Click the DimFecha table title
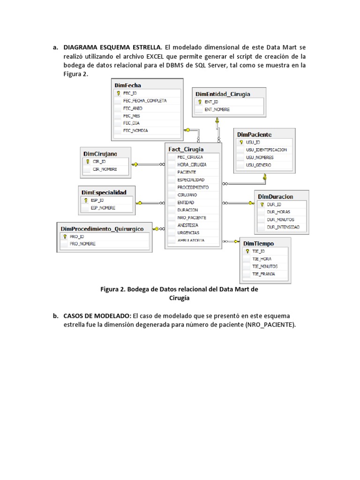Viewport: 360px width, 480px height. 127,85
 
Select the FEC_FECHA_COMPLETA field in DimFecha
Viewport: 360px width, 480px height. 144,100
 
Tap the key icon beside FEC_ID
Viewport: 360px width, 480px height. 118,93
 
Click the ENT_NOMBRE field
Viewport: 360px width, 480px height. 217,109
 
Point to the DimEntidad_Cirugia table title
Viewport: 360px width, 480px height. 223,94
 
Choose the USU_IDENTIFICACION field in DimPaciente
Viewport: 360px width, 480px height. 266,150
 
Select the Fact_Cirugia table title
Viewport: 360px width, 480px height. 186,149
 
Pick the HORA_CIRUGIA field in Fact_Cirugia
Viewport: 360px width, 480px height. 192,165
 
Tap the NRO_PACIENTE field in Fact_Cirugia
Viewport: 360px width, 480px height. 191,217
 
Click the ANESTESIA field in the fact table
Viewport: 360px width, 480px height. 187,225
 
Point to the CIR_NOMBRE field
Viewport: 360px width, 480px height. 105,169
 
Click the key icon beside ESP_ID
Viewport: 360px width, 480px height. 85,200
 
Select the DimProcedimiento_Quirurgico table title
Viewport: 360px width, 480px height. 102,229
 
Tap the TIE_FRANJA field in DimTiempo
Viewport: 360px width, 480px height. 263,273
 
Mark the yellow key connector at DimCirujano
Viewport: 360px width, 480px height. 135,164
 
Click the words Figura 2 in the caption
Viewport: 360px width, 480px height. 113,289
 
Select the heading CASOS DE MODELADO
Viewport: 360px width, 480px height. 97,316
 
